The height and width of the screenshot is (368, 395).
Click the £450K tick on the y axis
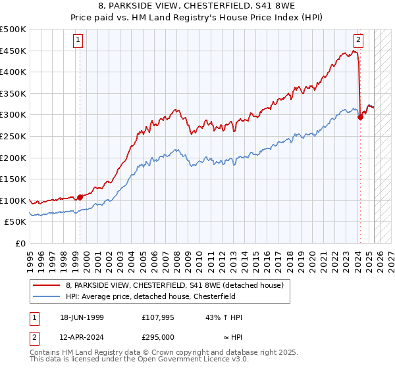click(13, 51)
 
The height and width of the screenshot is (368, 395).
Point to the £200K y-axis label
click(13, 158)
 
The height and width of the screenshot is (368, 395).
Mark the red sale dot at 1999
click(80, 196)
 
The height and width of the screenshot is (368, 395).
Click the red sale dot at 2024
click(360, 117)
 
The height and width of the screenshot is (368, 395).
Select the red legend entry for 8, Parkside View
click(174, 285)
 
